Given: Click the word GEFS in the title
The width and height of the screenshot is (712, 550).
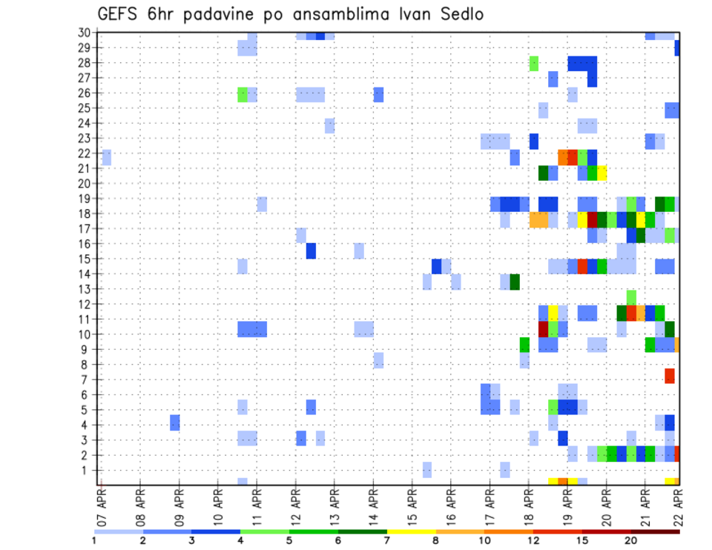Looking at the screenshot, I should [119, 14].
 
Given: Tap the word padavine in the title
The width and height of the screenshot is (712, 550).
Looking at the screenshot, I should [222, 14].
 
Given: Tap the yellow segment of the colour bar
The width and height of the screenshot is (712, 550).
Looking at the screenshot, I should [411, 531].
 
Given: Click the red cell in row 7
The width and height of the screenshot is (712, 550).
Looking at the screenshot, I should [670, 376].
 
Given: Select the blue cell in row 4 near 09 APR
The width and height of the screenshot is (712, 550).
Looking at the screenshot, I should [174, 423].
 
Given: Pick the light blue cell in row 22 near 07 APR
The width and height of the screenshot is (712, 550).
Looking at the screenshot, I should [107, 157].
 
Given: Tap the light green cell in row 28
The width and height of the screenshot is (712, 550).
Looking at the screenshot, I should [534, 63].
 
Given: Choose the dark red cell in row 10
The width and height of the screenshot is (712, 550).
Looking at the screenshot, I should [543, 328].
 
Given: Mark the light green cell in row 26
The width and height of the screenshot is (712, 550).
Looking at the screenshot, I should [243, 94].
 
